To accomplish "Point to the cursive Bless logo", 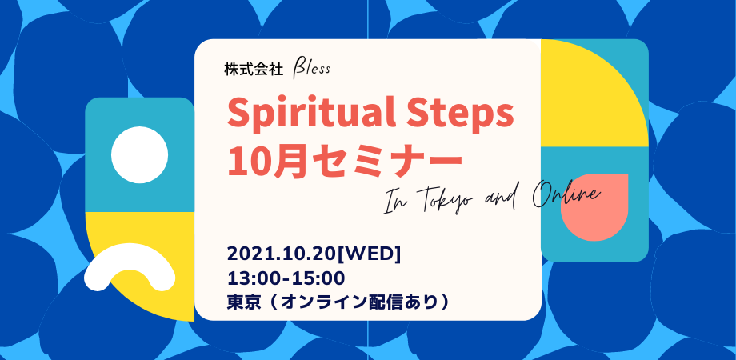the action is (312, 70).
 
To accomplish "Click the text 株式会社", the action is (254, 70).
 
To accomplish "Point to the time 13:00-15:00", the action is (286, 278).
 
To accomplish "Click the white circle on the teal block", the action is (139, 154).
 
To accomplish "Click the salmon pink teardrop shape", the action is (594, 207).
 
